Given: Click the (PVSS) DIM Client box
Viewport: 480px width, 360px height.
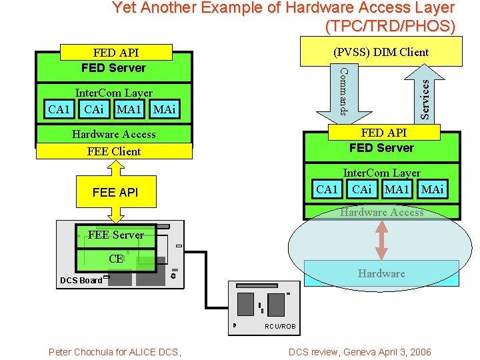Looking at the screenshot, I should coord(381,51).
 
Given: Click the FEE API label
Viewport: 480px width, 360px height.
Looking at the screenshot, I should coord(115,193).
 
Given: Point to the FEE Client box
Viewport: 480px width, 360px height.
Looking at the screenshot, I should coord(114,151).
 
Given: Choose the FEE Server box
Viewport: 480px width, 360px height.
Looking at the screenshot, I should coord(115,235).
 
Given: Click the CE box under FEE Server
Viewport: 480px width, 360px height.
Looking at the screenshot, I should coord(116,259).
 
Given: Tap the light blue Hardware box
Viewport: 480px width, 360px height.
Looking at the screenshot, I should coord(381,273).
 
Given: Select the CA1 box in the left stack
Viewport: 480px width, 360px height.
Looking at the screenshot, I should coord(59,109).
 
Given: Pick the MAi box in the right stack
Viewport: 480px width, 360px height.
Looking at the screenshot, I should coord(432,189).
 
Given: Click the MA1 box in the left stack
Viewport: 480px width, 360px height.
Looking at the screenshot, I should coord(129,109).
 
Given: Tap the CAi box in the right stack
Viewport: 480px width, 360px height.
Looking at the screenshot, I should coord(361,189).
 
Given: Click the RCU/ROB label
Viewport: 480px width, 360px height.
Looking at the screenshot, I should coord(281,327).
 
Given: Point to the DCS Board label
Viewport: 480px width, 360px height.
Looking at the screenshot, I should coord(81,281).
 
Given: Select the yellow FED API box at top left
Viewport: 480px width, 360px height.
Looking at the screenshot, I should coord(116,53).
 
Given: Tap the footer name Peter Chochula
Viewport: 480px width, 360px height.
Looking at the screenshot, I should coord(87,352).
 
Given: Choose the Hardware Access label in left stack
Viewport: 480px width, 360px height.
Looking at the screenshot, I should coord(113,134).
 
